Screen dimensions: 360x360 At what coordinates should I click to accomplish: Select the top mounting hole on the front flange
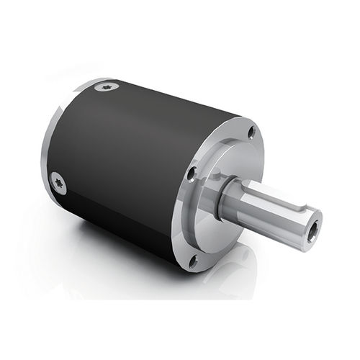click(x=251, y=132)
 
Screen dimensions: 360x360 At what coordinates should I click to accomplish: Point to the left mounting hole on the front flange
click(x=191, y=174)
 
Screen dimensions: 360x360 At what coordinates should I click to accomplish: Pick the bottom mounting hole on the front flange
click(x=193, y=261)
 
